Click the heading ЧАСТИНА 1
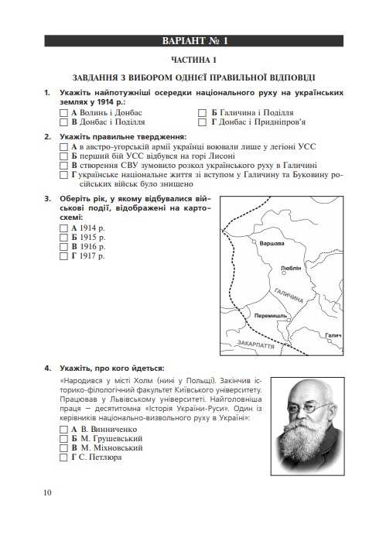[x=194, y=60]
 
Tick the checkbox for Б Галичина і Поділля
[x=203, y=112]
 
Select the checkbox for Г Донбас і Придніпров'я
[x=203, y=122]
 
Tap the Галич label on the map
[x=333, y=336]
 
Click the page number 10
[x=49, y=492]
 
